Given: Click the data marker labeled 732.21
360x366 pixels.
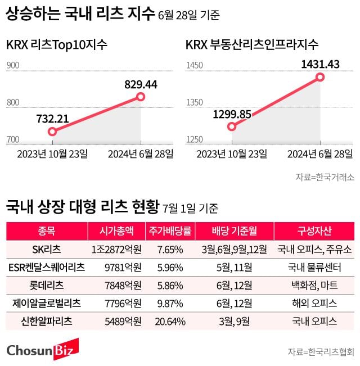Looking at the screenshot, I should click(x=52, y=132).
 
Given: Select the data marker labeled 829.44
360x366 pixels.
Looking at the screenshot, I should click(x=141, y=97).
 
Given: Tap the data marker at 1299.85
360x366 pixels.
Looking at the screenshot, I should click(x=232, y=126).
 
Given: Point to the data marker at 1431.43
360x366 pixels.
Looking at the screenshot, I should click(x=321, y=76).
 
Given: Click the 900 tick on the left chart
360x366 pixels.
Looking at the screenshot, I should click(x=13, y=66).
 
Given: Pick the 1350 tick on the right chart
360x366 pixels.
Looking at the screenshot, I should click(x=195, y=102).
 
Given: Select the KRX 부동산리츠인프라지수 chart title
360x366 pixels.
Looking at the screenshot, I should click(x=252, y=44).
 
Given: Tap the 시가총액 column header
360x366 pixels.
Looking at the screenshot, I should click(x=115, y=231).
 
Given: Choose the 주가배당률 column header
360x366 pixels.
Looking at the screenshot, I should click(x=170, y=231).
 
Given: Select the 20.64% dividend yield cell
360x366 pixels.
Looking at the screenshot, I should click(x=170, y=322).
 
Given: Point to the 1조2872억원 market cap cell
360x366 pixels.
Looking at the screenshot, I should click(x=116, y=248).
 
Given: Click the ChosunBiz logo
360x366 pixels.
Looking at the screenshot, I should click(x=43, y=349).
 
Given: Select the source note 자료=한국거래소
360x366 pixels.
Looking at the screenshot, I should click(x=325, y=177).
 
